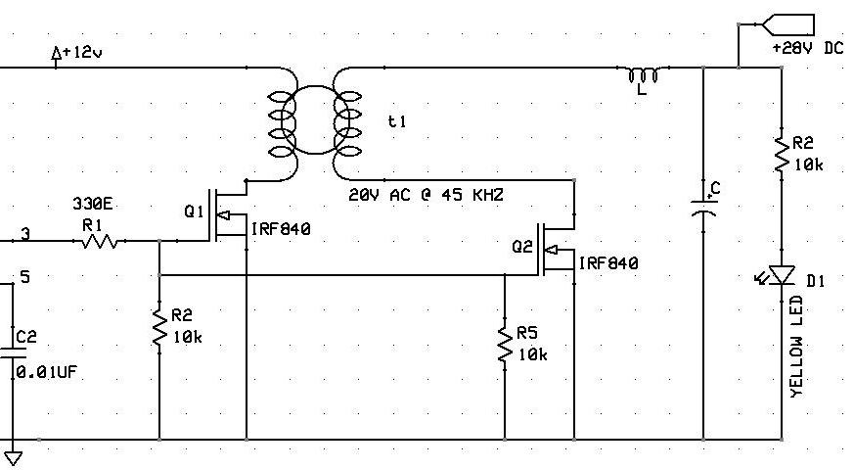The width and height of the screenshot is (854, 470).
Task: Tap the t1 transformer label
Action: [x=396, y=121]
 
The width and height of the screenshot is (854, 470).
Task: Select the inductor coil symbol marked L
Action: [x=643, y=75]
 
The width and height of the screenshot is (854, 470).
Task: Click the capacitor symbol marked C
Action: [x=703, y=203]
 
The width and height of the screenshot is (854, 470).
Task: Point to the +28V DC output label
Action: [x=806, y=48]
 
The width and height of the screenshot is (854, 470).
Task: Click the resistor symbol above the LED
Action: [x=782, y=155]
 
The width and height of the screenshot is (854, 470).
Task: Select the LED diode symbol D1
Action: [x=781, y=277]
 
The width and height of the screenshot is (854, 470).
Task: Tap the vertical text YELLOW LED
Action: [x=796, y=348]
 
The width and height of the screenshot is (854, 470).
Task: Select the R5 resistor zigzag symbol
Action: [x=505, y=345]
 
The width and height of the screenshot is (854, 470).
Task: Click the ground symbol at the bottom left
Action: [x=14, y=455]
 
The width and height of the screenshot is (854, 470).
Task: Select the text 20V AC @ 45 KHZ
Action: [x=426, y=196]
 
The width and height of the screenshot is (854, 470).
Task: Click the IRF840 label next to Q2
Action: [x=607, y=263]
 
